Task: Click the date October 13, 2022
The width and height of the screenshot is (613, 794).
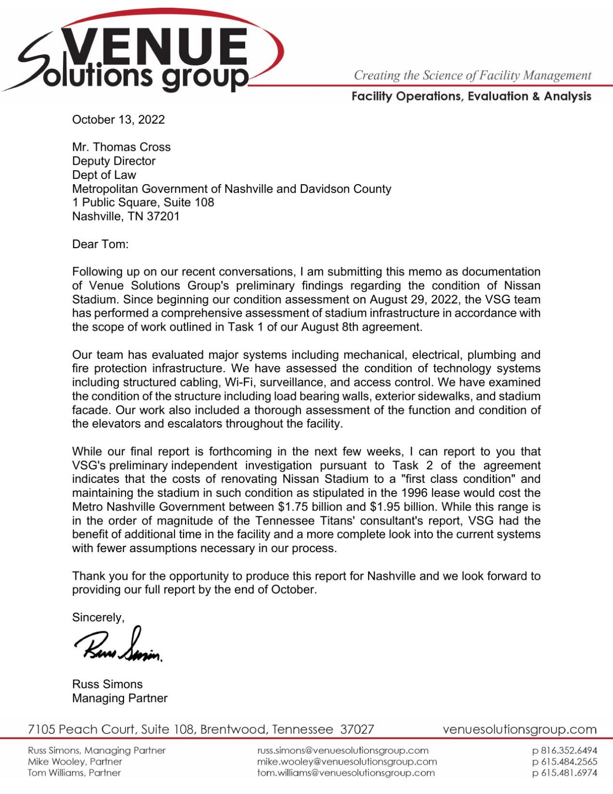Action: [118, 120]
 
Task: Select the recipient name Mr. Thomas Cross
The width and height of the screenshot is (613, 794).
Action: [121, 147]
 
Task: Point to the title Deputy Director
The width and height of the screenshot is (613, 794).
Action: [113, 161]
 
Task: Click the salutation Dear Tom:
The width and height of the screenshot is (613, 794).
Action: [100, 244]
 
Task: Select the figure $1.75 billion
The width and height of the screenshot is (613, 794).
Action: [312, 507]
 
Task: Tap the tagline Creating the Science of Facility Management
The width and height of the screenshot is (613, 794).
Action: [472, 76]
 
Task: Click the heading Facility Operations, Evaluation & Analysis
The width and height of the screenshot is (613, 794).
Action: [471, 96]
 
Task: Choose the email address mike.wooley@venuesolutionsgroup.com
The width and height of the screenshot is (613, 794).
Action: [347, 762]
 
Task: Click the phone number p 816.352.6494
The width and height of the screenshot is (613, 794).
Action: [565, 750]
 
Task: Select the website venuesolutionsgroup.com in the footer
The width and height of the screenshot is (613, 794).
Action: [519, 730]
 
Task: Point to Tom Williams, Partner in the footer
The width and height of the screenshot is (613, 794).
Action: [74, 773]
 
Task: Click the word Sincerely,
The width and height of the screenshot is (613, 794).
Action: [98, 618]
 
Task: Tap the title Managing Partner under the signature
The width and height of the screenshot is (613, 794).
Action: [120, 699]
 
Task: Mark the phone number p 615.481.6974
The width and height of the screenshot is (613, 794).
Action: [565, 773]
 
